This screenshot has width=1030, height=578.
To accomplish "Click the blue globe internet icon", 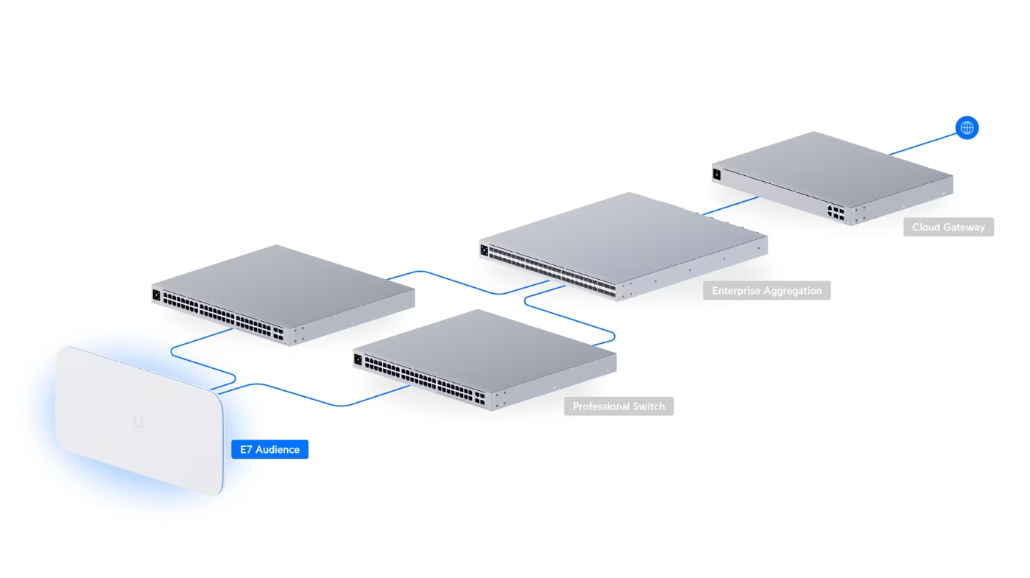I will pos(967,128).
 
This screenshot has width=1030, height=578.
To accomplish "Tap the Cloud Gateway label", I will pos(948,227).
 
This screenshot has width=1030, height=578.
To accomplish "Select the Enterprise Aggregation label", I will pos(766,291).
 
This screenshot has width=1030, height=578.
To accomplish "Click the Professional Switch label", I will pos(618,406).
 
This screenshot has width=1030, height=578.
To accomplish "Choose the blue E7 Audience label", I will pos(269,449).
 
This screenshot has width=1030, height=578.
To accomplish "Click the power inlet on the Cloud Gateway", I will pos(716,175).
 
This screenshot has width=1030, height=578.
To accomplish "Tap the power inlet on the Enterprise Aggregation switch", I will pos(484,250).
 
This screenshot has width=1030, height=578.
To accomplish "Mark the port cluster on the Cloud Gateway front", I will pos(836,212).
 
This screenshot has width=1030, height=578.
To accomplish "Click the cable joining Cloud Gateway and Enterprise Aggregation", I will pos(729,206).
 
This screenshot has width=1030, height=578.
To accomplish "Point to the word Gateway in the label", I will pos(964,227).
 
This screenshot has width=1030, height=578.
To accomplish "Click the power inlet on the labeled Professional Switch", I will pos(359,360).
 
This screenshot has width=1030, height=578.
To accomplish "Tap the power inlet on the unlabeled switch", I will pos(156,295).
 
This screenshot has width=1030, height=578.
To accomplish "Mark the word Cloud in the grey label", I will pos(926,227).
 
